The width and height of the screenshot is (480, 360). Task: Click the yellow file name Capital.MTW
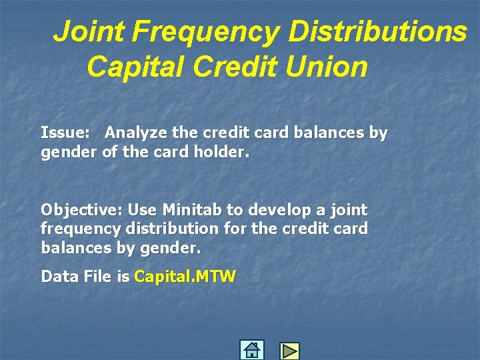coord(185,276)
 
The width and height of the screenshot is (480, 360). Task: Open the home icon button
coord(251,350)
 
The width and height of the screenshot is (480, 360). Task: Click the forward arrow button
coord(289,351)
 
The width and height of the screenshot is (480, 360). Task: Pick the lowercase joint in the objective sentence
coord(347,210)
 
